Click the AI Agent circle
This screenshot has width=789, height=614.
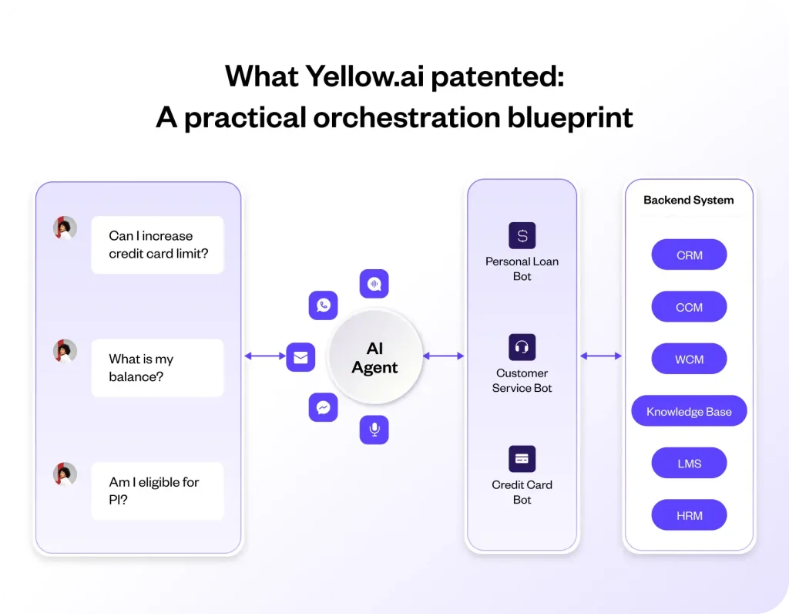click(374, 358)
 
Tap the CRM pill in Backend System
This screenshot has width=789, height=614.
click(689, 255)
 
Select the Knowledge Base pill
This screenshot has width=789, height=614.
click(689, 411)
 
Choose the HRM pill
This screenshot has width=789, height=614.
click(689, 515)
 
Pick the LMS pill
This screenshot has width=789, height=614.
click(689, 464)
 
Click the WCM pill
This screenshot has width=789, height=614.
click(689, 359)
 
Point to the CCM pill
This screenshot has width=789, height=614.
click(689, 307)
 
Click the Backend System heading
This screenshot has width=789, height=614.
click(688, 200)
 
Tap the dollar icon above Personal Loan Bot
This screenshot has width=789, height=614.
click(522, 235)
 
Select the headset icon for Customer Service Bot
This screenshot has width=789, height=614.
click(522, 347)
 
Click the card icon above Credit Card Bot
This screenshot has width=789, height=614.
click(522, 459)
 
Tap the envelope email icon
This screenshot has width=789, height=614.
click(300, 357)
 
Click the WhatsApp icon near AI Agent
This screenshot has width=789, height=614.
click(323, 305)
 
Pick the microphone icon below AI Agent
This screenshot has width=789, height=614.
click(374, 430)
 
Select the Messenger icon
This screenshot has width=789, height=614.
click(323, 407)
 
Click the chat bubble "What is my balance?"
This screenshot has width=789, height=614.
click(157, 368)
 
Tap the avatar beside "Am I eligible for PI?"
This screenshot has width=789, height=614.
click(65, 474)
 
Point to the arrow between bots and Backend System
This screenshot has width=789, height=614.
click(600, 356)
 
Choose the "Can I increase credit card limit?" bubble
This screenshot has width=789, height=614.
click(157, 245)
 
